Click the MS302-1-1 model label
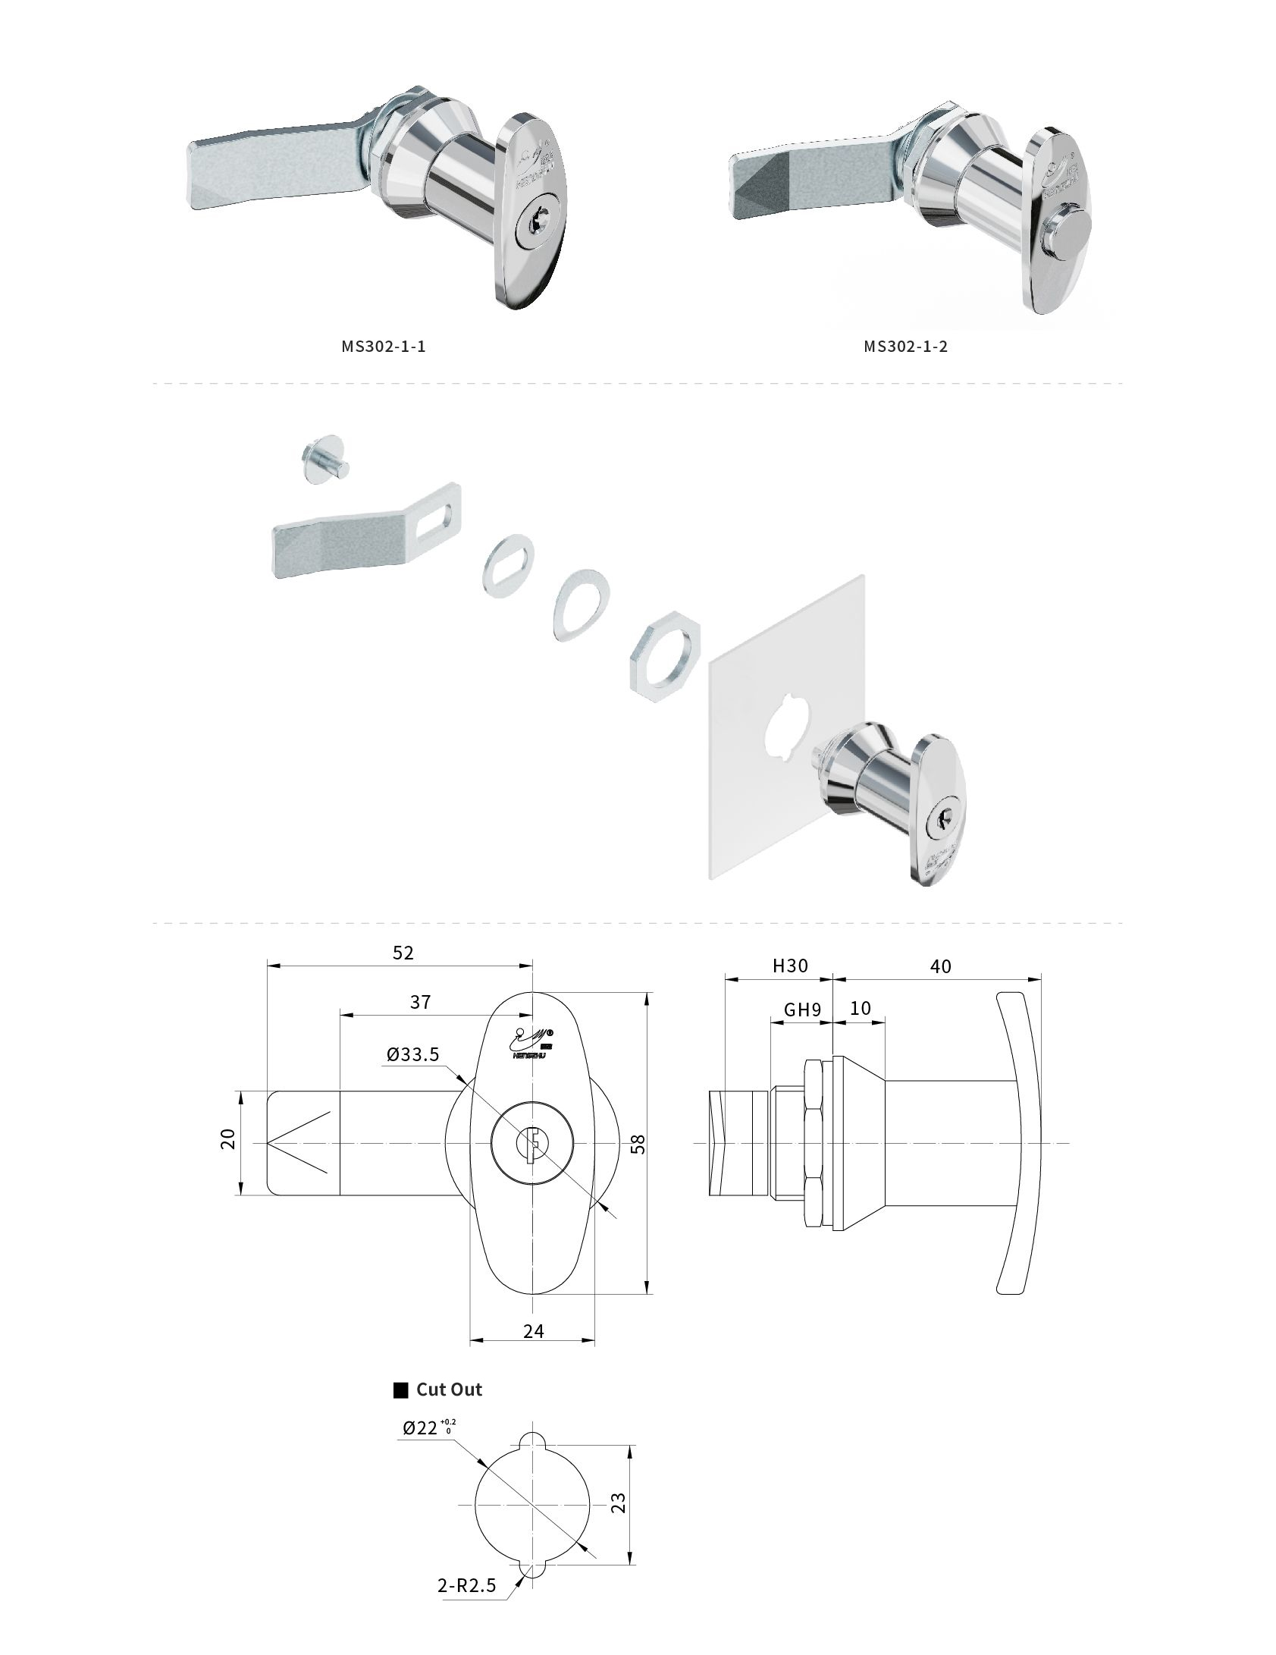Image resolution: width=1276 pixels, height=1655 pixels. pyautogui.click(x=383, y=347)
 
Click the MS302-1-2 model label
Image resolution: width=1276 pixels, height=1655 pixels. pyautogui.click(x=905, y=347)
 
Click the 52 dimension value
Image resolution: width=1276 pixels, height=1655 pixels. pyautogui.click(x=403, y=953)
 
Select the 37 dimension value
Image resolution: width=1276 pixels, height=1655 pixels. pyautogui.click(x=420, y=1002)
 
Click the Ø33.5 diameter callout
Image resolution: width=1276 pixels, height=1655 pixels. pyautogui.click(x=412, y=1054)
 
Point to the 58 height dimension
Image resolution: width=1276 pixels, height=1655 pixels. pyautogui.click(x=638, y=1143)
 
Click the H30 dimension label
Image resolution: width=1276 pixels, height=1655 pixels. pyautogui.click(x=790, y=966)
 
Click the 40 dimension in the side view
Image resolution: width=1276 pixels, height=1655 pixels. pyautogui.click(x=940, y=966)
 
